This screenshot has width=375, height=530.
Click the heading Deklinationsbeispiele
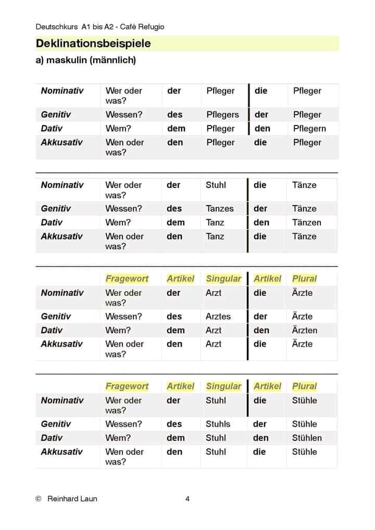pyautogui.click(x=93, y=44)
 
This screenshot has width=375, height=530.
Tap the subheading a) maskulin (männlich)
pyautogui.click(x=85, y=60)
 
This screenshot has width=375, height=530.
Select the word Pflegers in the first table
pyautogui.click(x=222, y=115)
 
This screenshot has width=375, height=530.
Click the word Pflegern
pyautogui.click(x=309, y=129)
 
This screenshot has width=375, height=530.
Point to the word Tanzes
pyautogui.click(x=220, y=208)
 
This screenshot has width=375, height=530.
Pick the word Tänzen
pyautogui.click(x=306, y=222)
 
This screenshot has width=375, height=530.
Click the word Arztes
pyautogui.click(x=218, y=316)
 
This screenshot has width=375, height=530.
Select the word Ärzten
pyautogui.click(x=305, y=330)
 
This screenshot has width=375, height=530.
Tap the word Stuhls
pyautogui.click(x=218, y=424)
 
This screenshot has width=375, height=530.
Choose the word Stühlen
pyautogui.click(x=307, y=438)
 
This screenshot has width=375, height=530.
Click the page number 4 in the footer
pyautogui.click(x=187, y=499)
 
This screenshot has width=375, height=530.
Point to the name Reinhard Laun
pyautogui.click(x=72, y=499)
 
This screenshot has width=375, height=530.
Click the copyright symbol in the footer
pyautogui.click(x=39, y=499)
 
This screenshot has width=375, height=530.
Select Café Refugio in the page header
pyautogui.click(x=141, y=27)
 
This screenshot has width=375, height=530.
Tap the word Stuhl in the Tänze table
pyautogui.click(x=216, y=185)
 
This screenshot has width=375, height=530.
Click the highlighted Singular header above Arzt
pyautogui.click(x=223, y=279)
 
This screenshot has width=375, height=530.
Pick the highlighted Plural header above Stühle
pyautogui.click(x=304, y=386)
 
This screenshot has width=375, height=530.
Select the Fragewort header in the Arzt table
pyautogui.click(x=127, y=279)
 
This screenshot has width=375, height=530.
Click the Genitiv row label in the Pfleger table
pyautogui.click(x=56, y=115)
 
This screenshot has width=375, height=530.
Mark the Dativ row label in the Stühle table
pyautogui.click(x=52, y=438)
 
